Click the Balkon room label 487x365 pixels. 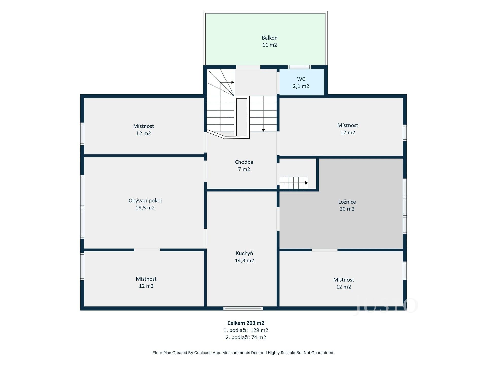coord(270,38)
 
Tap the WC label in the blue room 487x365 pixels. coord(301,79)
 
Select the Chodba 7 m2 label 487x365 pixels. coord(244,166)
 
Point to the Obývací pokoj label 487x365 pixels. coord(145,201)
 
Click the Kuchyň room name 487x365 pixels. coord(245,253)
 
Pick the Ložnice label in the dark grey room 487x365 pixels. coord(347,202)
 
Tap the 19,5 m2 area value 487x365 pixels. coord(145,208)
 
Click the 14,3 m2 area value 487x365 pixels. coord(245,261)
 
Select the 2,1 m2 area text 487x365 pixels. coord(301,86)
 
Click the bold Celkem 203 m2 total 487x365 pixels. coord(246,323)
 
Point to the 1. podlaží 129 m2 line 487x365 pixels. coord(246,330)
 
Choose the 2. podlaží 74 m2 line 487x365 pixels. coord(246,337)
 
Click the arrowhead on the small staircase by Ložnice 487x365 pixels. coord(307,183)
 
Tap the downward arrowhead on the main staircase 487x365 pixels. coord(263,130)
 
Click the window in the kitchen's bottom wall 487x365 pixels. coord(243,308)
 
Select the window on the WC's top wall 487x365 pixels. coord(299,67)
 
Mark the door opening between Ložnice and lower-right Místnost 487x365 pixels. coord(325,250)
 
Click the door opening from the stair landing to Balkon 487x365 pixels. coord(248,67)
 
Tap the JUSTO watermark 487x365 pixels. coord(387,306)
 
